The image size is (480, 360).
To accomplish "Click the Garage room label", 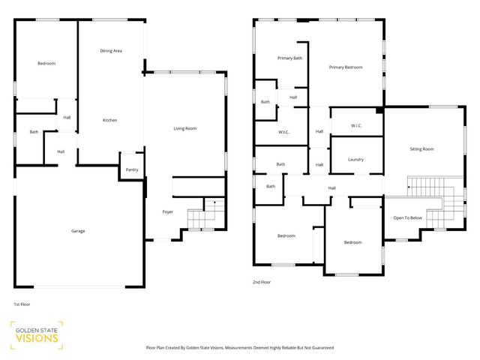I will point(78,231).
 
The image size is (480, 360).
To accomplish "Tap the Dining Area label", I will point(111,50).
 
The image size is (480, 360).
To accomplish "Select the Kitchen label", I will point(109,120).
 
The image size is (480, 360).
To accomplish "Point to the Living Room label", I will point(184,129).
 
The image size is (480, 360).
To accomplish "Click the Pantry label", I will point(132,169).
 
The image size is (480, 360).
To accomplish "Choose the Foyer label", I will point(168,212).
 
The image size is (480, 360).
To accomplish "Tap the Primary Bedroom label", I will point(346,67).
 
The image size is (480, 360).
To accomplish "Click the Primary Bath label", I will point(289,58).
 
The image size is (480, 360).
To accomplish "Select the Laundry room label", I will point(356,159).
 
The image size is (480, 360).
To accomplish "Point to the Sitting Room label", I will point(421,149).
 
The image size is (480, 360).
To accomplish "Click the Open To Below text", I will point(407,218).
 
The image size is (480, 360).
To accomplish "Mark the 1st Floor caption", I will point(22,304).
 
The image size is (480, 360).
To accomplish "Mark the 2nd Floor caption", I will point(262,282).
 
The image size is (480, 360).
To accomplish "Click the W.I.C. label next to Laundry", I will point(355,125).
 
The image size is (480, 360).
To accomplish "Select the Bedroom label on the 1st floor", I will point(46,63).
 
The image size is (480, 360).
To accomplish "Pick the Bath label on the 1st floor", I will point(34,132).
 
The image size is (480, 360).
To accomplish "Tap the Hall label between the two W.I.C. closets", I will point(319,131).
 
